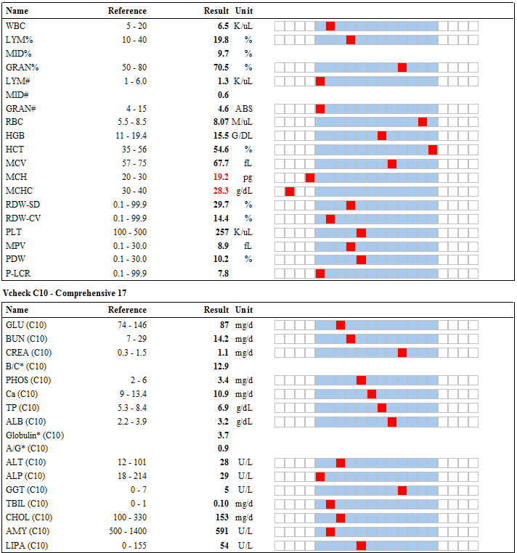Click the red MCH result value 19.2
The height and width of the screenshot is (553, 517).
(221, 177)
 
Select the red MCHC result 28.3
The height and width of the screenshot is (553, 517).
(221, 191)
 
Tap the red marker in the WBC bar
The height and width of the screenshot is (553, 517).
(330, 26)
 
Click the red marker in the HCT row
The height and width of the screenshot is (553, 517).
(433, 150)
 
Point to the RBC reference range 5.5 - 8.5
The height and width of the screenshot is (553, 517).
(132, 122)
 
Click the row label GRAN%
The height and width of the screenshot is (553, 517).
(23, 67)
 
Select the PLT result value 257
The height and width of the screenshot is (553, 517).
(222, 232)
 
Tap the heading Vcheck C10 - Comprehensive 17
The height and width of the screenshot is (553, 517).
(65, 293)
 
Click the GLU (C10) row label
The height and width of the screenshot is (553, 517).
(26, 325)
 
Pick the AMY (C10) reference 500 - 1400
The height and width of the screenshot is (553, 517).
(128, 531)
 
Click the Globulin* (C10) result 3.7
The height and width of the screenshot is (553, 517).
(223, 435)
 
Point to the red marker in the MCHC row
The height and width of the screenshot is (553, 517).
(290, 192)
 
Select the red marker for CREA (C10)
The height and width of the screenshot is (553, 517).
(402, 353)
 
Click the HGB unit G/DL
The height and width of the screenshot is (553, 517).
(242, 136)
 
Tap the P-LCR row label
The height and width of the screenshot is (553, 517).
(18, 274)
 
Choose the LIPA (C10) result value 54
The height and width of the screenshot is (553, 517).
(224, 546)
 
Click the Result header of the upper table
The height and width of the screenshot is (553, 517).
(216, 11)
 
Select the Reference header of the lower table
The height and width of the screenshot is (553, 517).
(127, 310)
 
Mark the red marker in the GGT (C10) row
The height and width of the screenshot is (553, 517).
(402, 490)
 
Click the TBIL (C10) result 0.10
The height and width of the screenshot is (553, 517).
(221, 504)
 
